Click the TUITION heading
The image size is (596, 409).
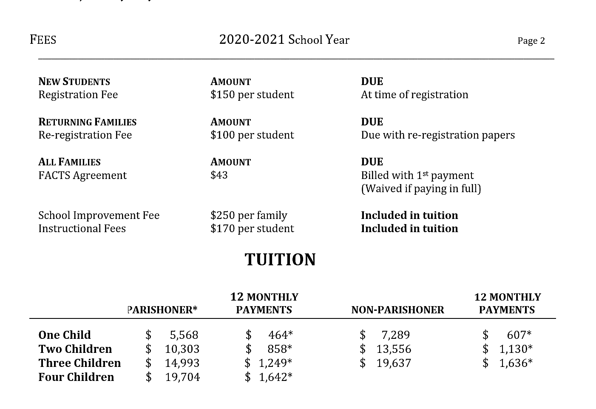[280, 259]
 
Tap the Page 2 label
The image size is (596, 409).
[531, 41]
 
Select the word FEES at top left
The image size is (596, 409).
[43, 40]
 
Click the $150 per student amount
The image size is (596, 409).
[252, 94]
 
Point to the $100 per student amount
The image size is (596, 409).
[252, 135]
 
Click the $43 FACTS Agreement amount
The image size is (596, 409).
[219, 175]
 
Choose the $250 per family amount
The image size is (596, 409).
[249, 215]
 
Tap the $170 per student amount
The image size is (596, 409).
[252, 228]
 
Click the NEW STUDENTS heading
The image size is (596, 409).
[74, 82]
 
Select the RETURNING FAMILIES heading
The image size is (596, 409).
[87, 122]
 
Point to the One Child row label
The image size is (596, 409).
[65, 335]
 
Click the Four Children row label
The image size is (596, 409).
[76, 377]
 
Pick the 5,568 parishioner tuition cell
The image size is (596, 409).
[184, 335]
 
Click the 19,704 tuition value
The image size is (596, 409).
[182, 377]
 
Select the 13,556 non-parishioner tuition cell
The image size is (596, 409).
[394, 349]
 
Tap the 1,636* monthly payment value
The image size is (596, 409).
[515, 363]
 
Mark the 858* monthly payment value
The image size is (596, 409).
[280, 349]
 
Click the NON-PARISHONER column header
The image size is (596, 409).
[397, 310]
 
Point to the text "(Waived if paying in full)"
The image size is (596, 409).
[421, 188]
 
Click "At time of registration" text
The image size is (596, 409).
[414, 94]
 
